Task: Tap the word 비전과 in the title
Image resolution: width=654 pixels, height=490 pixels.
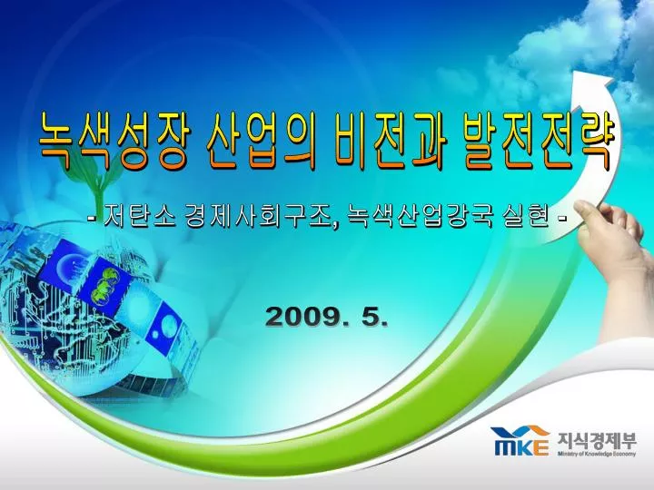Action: (391, 141)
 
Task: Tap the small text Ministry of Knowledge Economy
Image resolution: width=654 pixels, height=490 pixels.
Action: (598, 454)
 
